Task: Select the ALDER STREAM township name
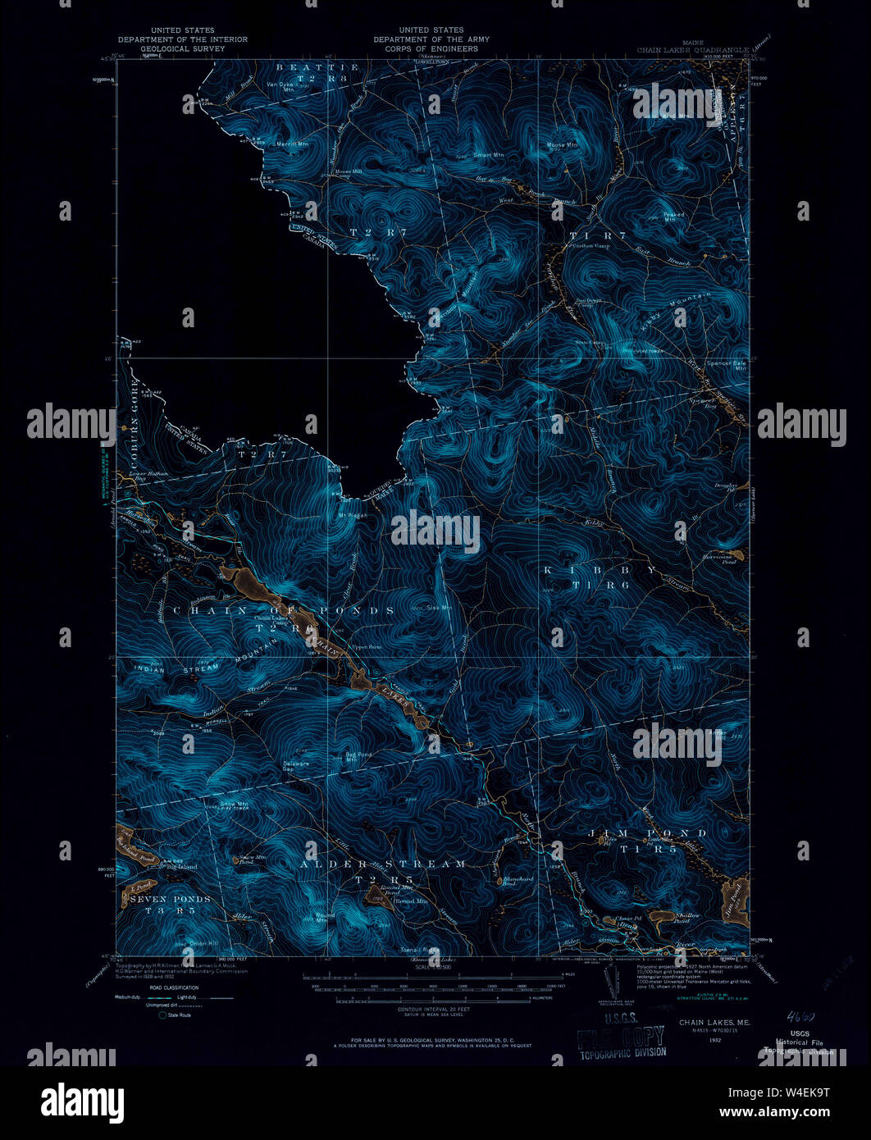pos(383,864)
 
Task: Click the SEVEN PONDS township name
pos(171,899)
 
